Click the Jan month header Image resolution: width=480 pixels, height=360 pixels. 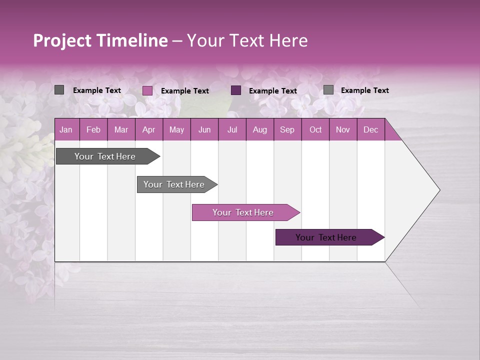66,129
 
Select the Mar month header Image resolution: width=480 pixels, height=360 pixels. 121,129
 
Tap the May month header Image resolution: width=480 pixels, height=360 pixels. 176,129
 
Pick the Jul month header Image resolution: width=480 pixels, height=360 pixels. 232,129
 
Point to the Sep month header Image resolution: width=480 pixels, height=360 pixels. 287,129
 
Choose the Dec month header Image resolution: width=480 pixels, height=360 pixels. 370,129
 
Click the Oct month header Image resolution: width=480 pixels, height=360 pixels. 315,129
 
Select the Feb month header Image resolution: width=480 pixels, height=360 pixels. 93,129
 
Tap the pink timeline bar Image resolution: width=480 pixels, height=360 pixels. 243,212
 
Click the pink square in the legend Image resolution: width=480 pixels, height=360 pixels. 147,90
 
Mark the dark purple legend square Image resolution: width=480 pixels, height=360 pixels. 236,90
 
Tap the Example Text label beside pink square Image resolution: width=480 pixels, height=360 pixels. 185,91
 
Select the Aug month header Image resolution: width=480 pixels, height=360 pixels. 259,129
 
